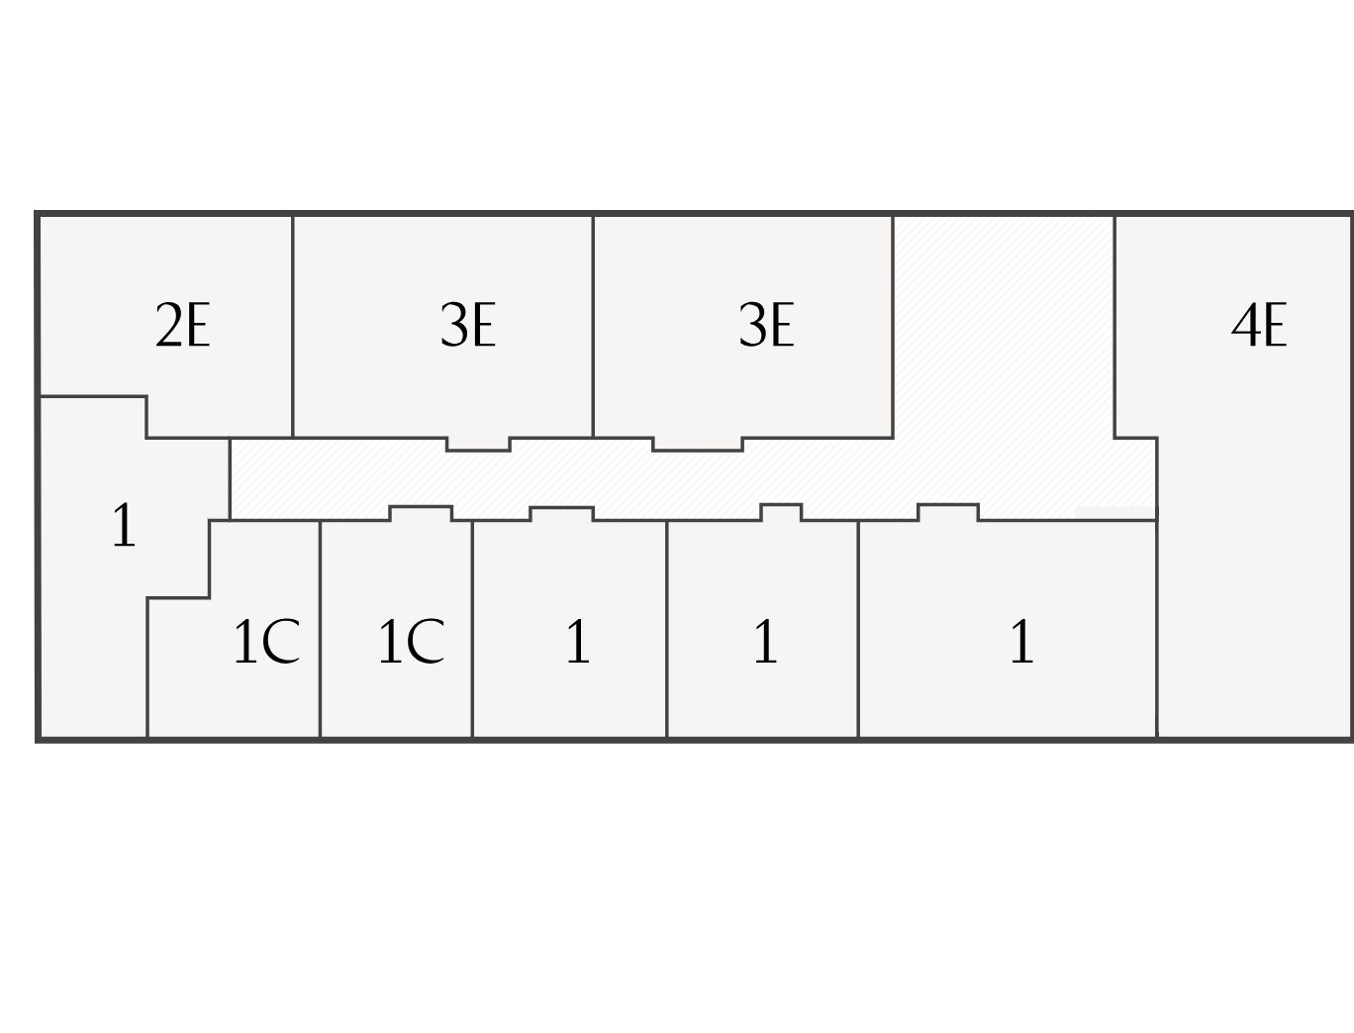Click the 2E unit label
coord(183,325)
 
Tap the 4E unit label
coord(1258,325)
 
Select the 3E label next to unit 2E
coord(467,325)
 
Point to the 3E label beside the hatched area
coord(766,325)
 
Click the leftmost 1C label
coord(265,642)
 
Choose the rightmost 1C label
coord(411,642)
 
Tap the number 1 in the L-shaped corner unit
coord(123,526)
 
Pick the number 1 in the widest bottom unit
coord(1021,642)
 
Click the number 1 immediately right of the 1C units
coord(577,642)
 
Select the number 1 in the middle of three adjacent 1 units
coord(764,642)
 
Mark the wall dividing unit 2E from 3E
coord(293,327)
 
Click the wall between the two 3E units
coord(593,327)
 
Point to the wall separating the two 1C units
coord(320,629)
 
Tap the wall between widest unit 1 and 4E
coord(1156,629)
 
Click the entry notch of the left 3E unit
coord(478,444)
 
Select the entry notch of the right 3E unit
coord(698,444)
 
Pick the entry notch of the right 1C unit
coord(421,513)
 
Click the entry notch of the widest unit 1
coord(948,511)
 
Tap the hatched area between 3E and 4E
coord(1004,337)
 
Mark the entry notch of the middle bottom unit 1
coord(781,511)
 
